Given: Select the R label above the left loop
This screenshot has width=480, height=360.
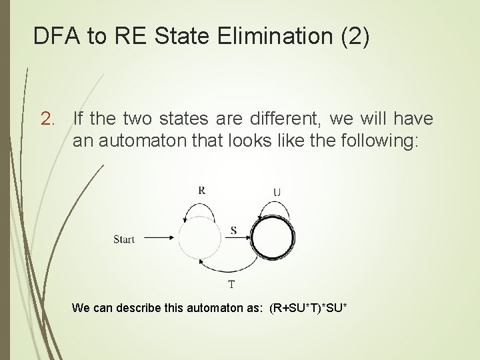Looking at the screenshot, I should pos(202,190).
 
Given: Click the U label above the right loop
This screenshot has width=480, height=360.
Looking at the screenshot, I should pos(277,193).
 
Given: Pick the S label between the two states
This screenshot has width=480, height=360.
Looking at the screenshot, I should pos(233,230).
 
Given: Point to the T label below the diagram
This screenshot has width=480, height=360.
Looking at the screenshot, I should pos(231,285).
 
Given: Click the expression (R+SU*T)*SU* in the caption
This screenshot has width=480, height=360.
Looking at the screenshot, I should pos(309,308).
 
